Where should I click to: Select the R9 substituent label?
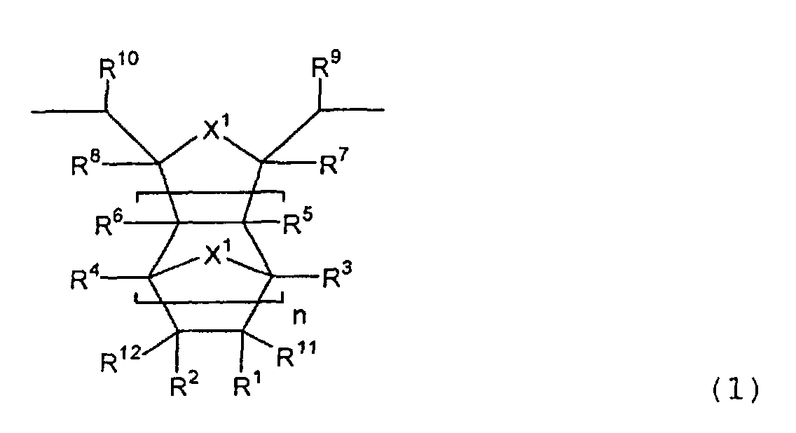326,64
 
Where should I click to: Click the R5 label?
298,222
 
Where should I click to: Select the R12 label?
121,358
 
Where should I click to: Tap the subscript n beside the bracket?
299,316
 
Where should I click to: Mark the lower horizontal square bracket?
209,301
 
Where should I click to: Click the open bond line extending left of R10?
69,110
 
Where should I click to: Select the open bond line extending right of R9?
352,109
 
